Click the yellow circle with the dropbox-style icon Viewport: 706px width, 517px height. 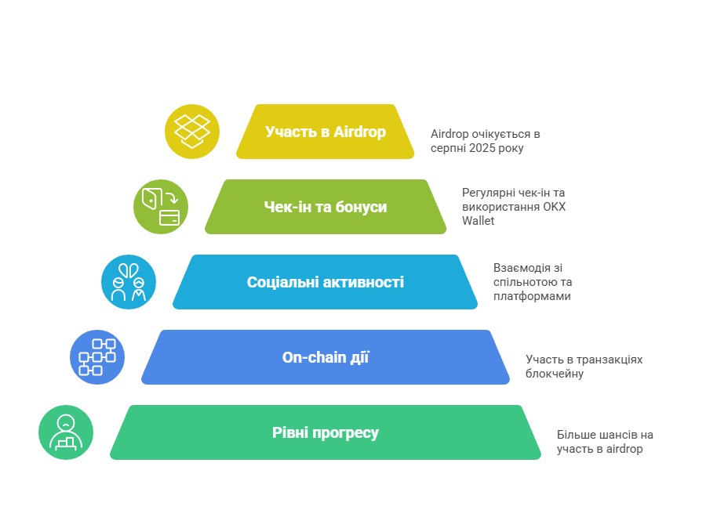click(192, 132)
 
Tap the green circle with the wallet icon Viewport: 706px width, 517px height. click(161, 207)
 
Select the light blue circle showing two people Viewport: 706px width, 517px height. click(129, 282)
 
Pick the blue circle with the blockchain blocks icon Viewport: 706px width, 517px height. click(97, 357)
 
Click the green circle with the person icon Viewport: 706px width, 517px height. click(66, 432)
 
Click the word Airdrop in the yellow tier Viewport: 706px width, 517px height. click(360, 132)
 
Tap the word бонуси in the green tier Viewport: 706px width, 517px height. click(361, 208)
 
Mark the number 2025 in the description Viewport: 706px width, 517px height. click(482, 148)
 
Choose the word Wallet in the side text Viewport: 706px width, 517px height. click(479, 221)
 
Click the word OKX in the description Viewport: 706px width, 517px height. click(555, 207)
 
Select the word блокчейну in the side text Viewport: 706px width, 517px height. click(555, 374)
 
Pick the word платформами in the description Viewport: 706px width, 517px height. click(532, 296)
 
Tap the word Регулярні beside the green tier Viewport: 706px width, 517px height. click(489, 193)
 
